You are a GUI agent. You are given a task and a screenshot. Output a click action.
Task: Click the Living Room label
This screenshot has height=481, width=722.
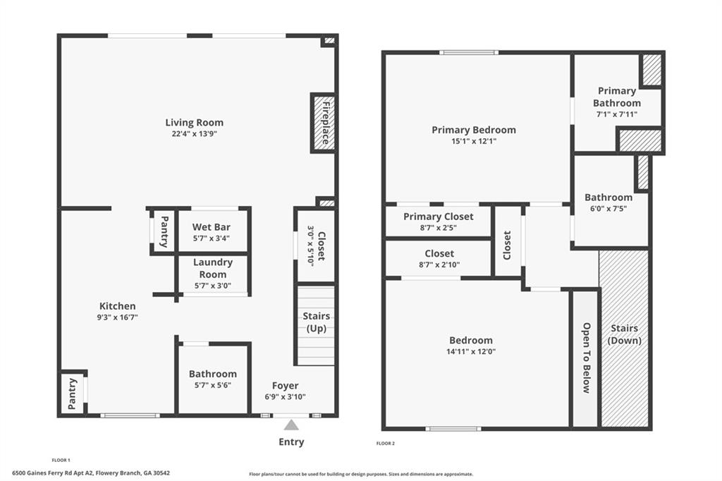pyautogui.click(x=194, y=123)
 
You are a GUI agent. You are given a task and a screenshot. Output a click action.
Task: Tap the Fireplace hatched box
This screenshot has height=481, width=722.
pyautogui.click(x=322, y=123)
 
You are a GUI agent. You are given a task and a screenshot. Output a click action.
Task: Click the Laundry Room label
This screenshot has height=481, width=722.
pyautogui.click(x=212, y=268)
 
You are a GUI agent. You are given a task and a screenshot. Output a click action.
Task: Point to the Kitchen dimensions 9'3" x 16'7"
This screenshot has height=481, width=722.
pyautogui.click(x=117, y=317)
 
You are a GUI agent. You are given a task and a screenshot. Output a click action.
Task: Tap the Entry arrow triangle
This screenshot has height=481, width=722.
pyautogui.click(x=290, y=425)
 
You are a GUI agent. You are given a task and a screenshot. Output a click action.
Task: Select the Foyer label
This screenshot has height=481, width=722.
pyautogui.click(x=285, y=386)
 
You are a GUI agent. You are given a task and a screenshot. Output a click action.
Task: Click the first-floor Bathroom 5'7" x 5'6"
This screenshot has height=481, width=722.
pyautogui.click(x=212, y=379)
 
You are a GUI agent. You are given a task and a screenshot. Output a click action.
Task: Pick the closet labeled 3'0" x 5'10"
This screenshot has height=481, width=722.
pyautogui.click(x=315, y=245)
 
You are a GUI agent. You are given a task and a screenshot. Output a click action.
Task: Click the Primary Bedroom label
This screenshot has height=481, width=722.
pyautogui.click(x=473, y=130)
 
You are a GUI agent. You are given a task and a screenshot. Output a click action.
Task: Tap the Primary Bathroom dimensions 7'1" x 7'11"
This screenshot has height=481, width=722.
pyautogui.click(x=616, y=114)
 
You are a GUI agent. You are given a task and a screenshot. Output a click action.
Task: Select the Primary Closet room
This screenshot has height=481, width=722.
pyautogui.click(x=438, y=221)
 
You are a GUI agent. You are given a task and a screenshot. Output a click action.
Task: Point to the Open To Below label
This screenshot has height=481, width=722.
pyautogui.click(x=585, y=358)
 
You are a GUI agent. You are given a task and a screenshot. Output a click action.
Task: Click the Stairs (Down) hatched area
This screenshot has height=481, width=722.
pyautogui.click(x=624, y=339)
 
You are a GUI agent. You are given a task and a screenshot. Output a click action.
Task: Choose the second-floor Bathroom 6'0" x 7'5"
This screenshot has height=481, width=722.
pyautogui.click(x=608, y=202)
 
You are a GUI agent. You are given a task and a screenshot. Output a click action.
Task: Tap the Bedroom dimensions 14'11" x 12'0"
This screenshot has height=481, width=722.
pyautogui.click(x=472, y=351)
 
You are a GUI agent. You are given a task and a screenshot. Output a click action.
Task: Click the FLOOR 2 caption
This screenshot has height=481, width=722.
pyautogui.click(x=385, y=444)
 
